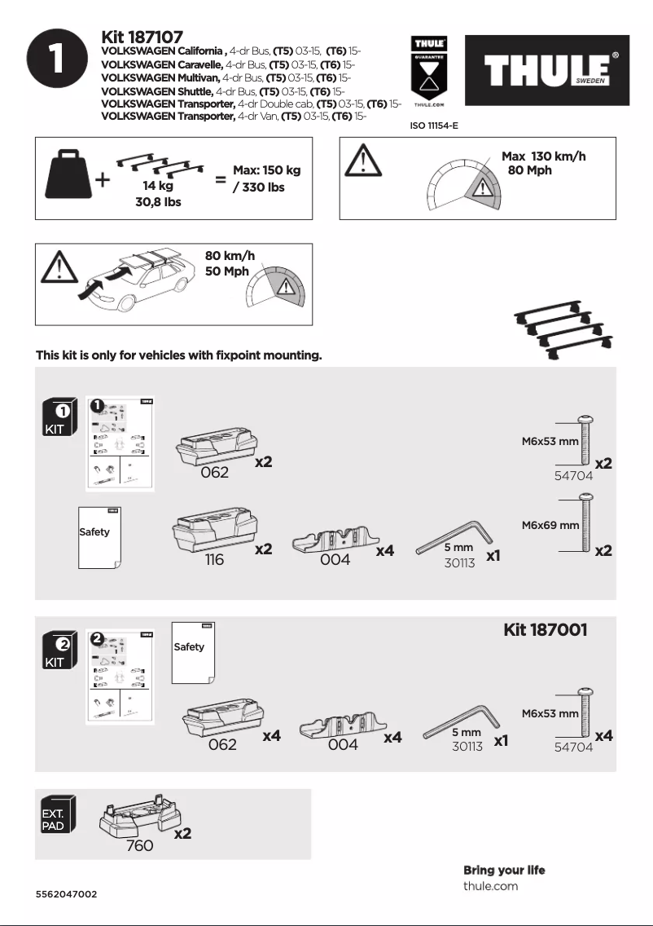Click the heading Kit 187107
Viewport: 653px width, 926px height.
coord(142,37)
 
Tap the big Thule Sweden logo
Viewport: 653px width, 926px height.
coord(546,71)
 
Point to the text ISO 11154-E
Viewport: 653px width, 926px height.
coord(433,127)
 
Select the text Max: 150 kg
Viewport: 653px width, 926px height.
coord(266,170)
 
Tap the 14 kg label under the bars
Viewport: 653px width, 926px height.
coord(158,186)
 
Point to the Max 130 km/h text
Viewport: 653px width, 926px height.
coord(543,157)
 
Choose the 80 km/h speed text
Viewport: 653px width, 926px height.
coord(230,256)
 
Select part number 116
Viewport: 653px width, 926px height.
coord(214,561)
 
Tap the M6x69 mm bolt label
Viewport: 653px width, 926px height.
coord(550,526)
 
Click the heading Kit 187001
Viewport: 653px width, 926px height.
coord(545,630)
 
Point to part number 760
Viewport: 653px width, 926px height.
coord(139,846)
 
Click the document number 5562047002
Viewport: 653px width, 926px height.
coord(67,894)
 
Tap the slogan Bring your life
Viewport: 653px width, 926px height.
coord(504,870)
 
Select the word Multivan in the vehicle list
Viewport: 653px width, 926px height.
coord(194,77)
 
